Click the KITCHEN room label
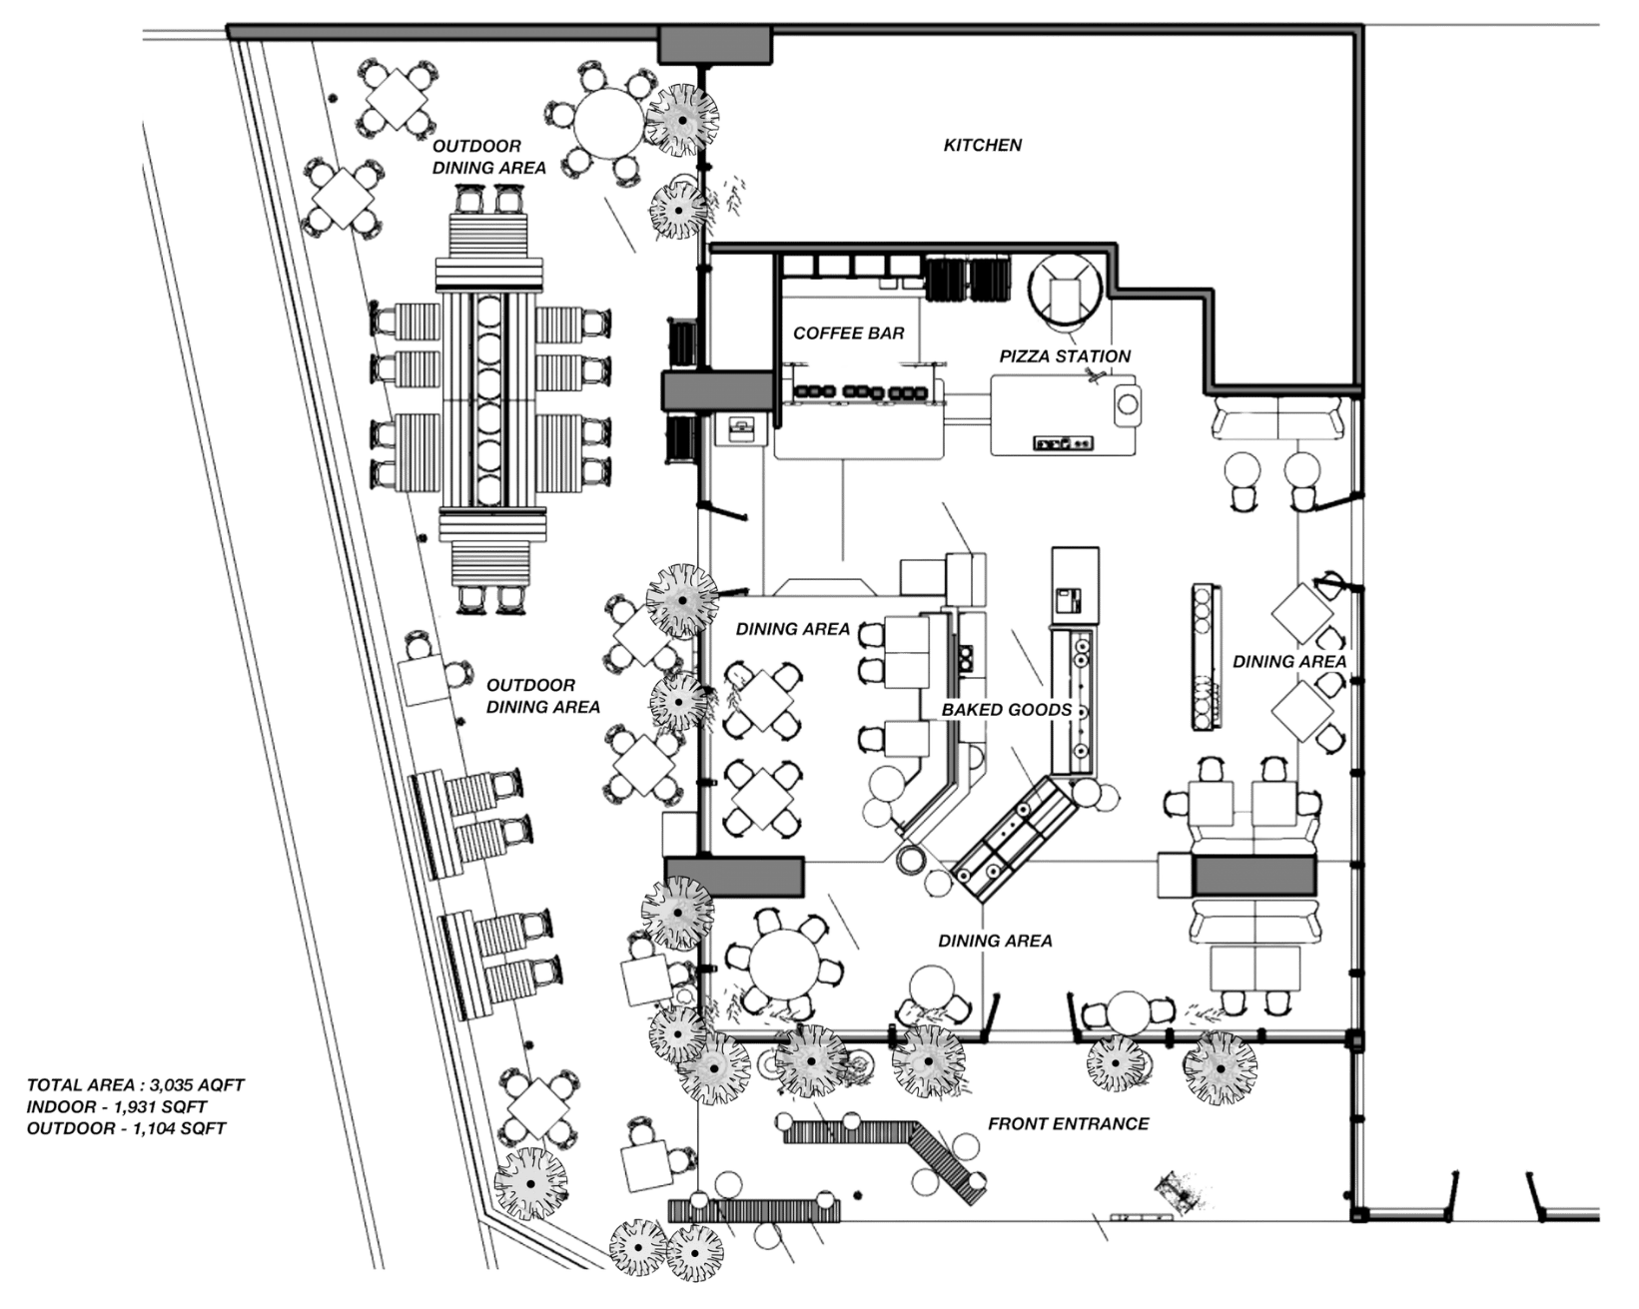pyautogui.click(x=983, y=146)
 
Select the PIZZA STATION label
pyautogui.click(x=1065, y=356)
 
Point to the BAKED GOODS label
pyautogui.click(x=1007, y=710)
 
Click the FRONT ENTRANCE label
pyautogui.click(x=1068, y=1124)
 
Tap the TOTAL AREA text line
pyautogui.click(x=136, y=1084)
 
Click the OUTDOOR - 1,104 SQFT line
pyautogui.click(x=127, y=1129)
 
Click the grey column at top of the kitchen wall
pyautogui.click(x=715, y=44)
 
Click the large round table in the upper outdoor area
pyautogui.click(x=606, y=122)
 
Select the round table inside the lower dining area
pyautogui.click(x=784, y=960)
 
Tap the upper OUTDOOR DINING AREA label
pyautogui.click(x=488, y=158)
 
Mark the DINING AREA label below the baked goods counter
pyautogui.click(x=994, y=941)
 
